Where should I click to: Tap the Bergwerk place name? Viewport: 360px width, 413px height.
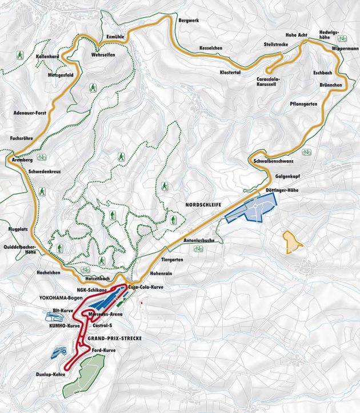coord(189,19)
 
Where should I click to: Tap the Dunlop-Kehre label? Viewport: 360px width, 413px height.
coord(50,374)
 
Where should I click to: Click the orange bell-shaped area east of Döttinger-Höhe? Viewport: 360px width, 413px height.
coord(293,242)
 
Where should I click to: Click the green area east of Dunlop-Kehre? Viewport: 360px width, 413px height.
coord(87,375)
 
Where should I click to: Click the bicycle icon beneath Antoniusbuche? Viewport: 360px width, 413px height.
coord(198,248)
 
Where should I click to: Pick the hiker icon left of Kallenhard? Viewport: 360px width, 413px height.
coord(19,55)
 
